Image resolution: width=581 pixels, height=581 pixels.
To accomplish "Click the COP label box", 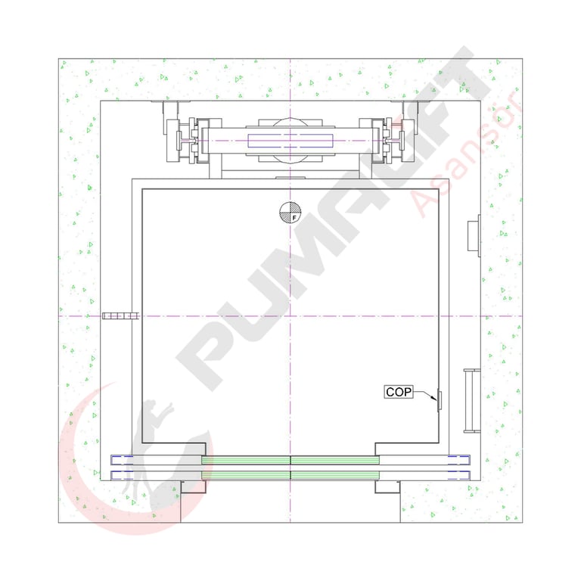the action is coord(399,392).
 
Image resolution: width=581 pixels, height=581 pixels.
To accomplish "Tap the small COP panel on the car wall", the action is coord(440,400).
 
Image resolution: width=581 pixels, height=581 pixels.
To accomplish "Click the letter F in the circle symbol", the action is coord(294,218).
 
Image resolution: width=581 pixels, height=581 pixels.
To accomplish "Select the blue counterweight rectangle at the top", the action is coord(290,141).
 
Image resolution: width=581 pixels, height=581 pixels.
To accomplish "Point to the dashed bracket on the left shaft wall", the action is coord(121,316).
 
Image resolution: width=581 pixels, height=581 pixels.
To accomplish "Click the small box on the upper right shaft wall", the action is coord(474,236).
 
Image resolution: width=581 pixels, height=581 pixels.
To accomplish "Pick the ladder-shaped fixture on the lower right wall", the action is coord(472,400).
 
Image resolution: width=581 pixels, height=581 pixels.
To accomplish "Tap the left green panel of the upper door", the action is coord(246,460).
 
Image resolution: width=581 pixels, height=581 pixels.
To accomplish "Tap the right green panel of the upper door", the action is coord(335,460).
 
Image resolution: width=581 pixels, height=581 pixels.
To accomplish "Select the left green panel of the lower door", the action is coord(246,475).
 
